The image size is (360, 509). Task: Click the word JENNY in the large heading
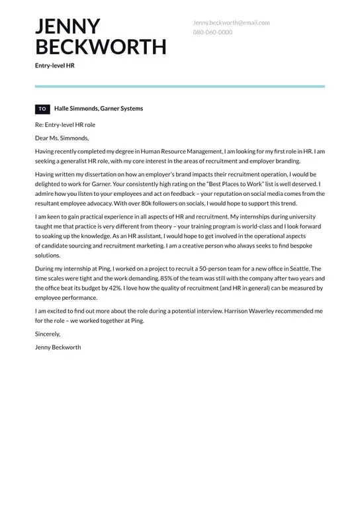coord(67,26)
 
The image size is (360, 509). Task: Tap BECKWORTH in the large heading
coord(101,47)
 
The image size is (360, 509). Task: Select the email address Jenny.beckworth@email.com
coord(231,23)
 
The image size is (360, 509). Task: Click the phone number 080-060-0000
coord(212,32)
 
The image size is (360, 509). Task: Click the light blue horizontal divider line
coord(180,86)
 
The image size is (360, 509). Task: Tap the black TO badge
coord(42,109)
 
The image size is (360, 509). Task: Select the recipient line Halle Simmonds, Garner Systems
coord(99,109)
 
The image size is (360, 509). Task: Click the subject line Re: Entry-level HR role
coord(66,124)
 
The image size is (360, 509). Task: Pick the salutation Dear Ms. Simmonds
coord(62,138)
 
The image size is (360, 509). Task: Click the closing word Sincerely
coord(48,334)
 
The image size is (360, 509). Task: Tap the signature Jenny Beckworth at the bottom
coord(58,347)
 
